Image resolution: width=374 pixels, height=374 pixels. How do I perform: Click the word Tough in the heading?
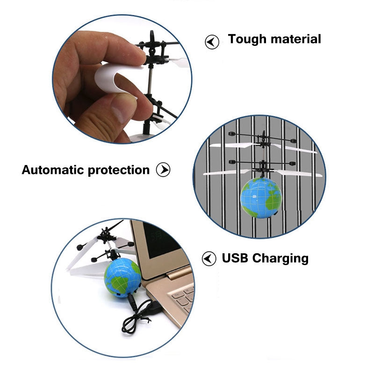[x=245, y=39]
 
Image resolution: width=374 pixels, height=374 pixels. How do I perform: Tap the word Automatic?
[x=53, y=170]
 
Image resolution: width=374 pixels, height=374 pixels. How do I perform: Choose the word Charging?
[x=280, y=259]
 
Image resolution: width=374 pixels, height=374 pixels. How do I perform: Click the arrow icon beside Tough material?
[x=212, y=42]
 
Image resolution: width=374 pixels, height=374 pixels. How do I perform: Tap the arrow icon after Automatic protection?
[x=163, y=170]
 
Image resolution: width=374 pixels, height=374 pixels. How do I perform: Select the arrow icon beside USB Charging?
[x=209, y=258]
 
